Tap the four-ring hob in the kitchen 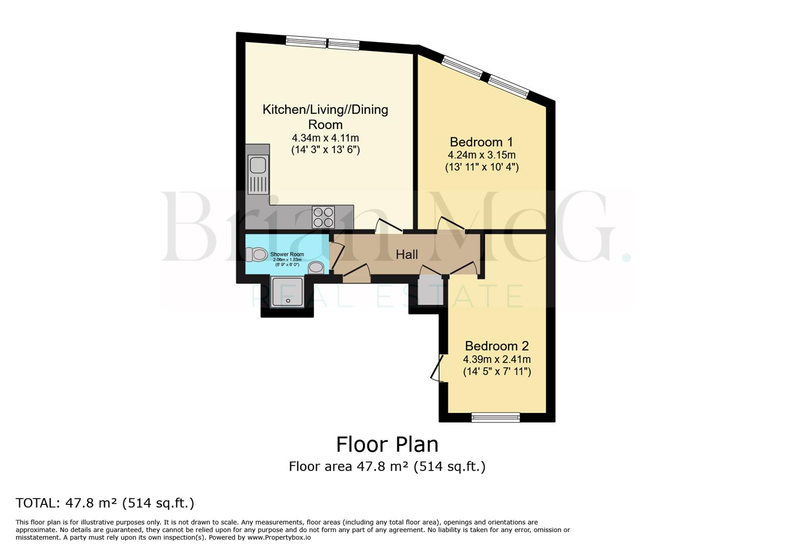tap(323, 217)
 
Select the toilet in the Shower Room tap(257, 254)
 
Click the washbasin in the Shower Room tap(316, 267)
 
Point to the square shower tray tap(287, 292)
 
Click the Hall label tap(407, 254)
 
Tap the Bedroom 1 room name tap(481, 142)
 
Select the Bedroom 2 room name tap(496, 346)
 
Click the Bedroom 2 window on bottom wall tap(495, 417)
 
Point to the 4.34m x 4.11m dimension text tap(325, 138)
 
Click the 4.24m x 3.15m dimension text tap(482, 155)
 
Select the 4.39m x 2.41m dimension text tap(496, 359)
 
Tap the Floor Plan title tap(387, 444)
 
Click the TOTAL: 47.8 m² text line tap(105, 503)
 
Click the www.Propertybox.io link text tap(279, 538)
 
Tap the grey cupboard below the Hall tap(430, 291)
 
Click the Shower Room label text tap(287, 254)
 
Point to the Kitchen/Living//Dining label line tap(325, 110)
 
